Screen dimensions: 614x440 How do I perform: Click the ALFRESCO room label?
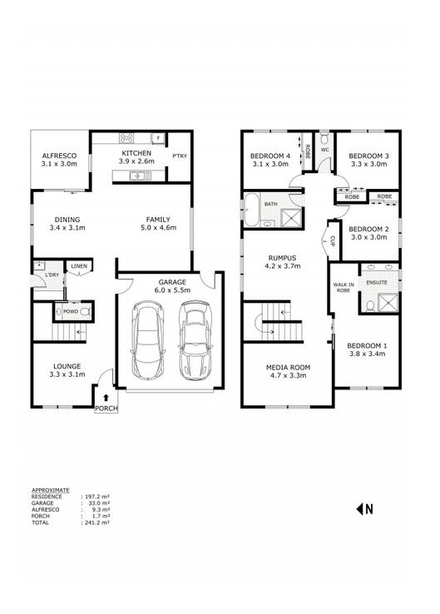pos(59,156)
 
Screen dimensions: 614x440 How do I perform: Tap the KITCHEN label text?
pos(137,154)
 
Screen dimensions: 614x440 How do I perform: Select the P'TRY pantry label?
pos(180,156)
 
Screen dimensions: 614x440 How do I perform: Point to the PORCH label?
pos(106,409)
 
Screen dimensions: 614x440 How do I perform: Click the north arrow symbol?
pos(364,508)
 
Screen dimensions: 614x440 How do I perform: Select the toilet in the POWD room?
pos(83,313)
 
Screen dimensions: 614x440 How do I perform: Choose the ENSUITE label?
pos(376,282)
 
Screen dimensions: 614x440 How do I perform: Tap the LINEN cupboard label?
pos(79,266)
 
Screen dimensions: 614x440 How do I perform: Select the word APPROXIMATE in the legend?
pos(50,490)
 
